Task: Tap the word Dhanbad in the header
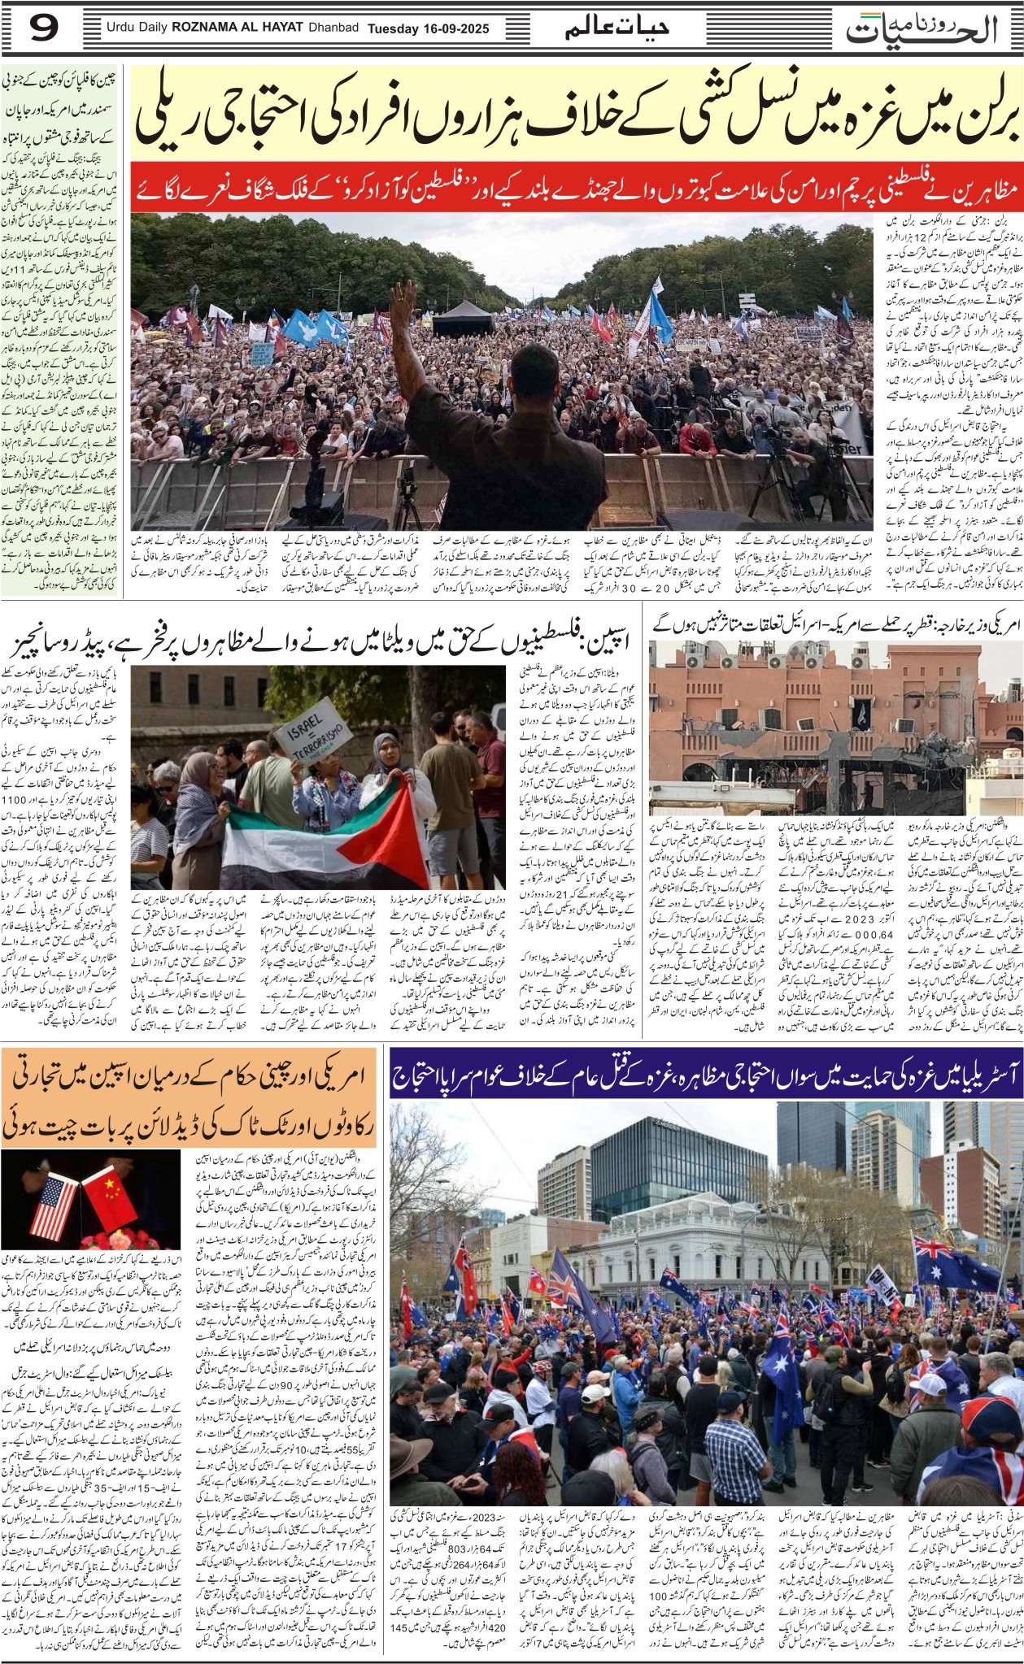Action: pos(333,29)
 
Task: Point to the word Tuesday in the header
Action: pos(394,29)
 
